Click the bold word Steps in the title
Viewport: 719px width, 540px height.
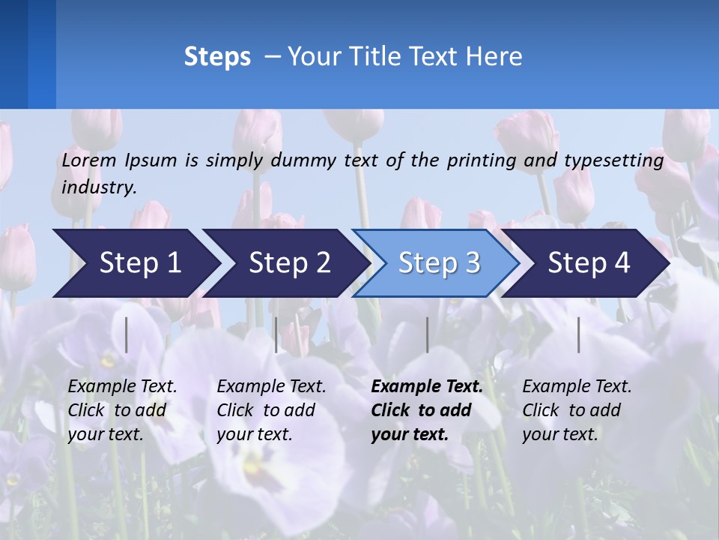(217, 56)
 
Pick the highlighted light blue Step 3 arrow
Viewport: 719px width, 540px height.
(439, 262)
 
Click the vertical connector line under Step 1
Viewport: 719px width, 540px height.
(127, 334)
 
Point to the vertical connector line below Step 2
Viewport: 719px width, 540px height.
(276, 334)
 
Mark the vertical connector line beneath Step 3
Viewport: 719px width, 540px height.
(427, 334)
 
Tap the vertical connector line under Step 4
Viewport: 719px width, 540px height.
(578, 334)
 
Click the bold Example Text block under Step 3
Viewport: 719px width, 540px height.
(427, 410)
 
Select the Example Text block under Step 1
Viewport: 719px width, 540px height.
(122, 410)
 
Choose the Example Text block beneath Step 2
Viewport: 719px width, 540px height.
(271, 410)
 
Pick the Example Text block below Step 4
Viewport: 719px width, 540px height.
(577, 410)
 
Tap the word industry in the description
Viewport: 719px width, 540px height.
(99, 187)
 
